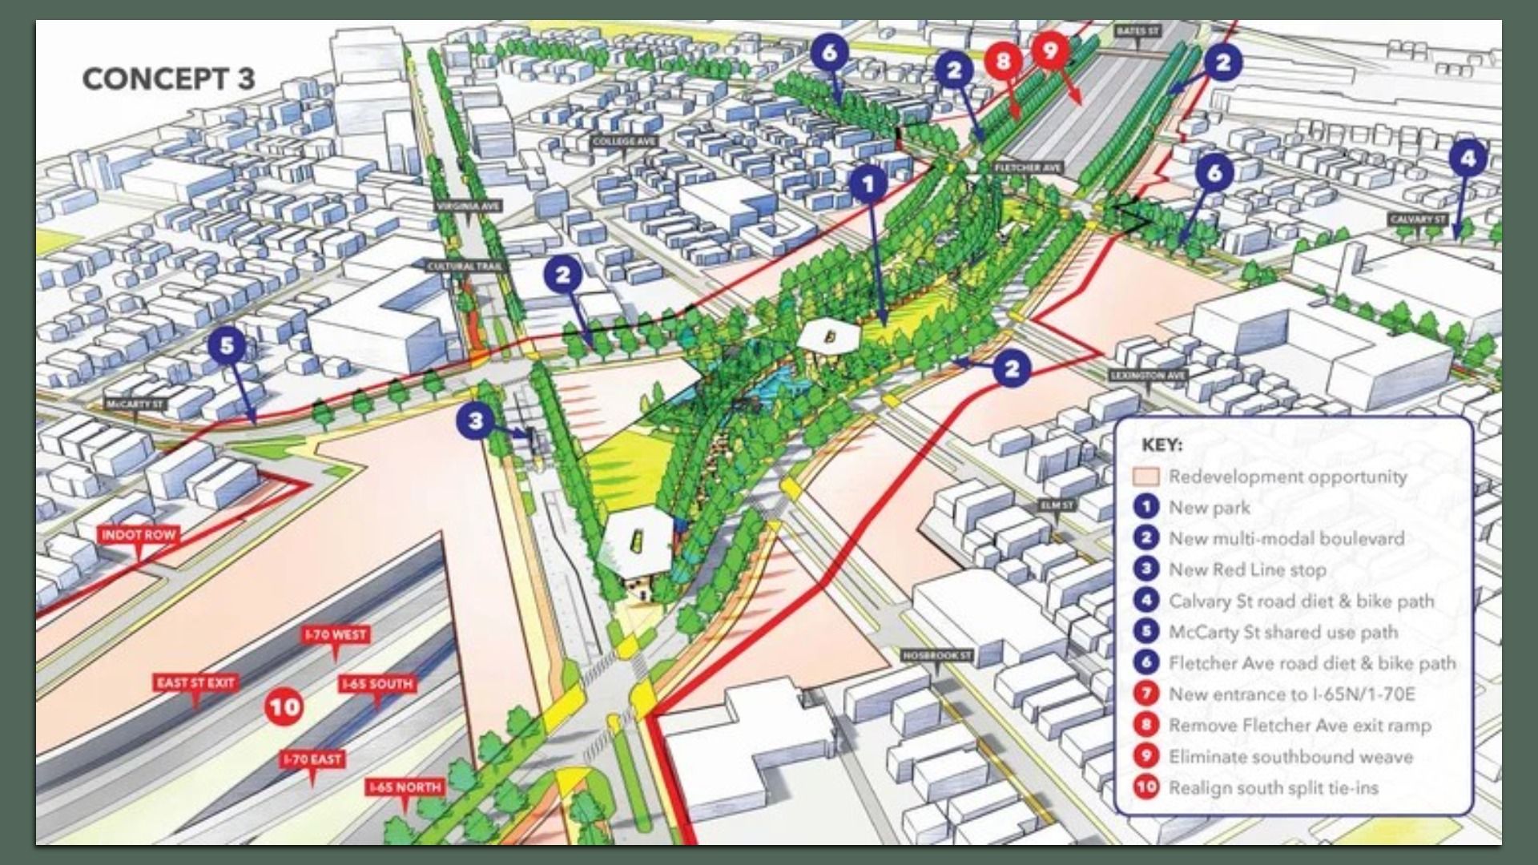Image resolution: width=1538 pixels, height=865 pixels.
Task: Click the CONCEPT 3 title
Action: coord(168,78)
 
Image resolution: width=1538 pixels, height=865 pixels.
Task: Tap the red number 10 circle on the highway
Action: coord(284,706)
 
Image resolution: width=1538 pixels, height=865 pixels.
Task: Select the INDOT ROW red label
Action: coord(139,534)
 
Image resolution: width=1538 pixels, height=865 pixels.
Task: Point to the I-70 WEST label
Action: coord(336,634)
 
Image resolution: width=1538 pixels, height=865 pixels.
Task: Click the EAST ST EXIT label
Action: coord(195,682)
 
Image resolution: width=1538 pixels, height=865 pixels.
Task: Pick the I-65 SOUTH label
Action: coord(377,684)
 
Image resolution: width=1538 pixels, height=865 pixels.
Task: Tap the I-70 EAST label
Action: coord(312,758)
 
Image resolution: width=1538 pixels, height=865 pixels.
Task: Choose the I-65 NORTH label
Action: coord(405,787)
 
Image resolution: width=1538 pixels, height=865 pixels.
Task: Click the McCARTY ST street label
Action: coord(135,404)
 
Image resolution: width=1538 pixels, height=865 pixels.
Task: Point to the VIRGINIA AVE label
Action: coord(469,206)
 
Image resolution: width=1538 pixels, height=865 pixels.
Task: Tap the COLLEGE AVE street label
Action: coord(625,141)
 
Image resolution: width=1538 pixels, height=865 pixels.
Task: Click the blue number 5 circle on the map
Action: coord(227,345)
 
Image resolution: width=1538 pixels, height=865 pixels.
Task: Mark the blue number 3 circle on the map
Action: coord(476,420)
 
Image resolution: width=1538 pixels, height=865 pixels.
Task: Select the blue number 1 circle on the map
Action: coord(868,184)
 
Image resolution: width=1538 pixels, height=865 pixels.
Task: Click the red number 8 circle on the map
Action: coord(1003,60)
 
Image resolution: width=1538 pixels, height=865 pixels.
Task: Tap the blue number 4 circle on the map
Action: coord(1468,159)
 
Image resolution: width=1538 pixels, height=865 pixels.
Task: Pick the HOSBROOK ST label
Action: coord(936,656)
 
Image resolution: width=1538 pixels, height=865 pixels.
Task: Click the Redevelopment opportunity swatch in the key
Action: coord(1146,477)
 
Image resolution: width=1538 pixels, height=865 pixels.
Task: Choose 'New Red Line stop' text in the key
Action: coord(1247,569)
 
